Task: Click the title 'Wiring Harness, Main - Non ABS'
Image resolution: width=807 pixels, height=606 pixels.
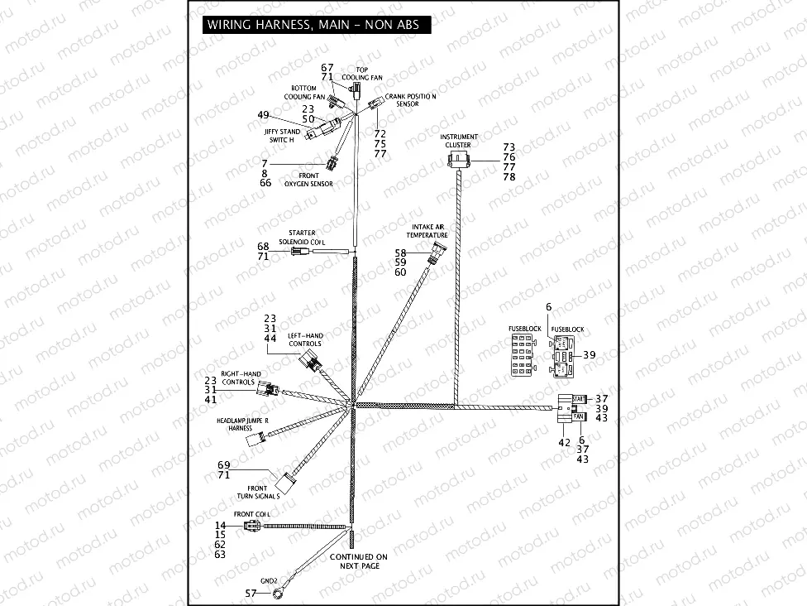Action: [x=313, y=25]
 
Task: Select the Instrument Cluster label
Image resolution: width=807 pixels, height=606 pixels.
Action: [x=458, y=141]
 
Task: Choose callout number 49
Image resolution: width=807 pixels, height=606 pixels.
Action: [x=264, y=115]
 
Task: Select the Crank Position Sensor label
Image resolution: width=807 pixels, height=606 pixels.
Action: [x=411, y=100]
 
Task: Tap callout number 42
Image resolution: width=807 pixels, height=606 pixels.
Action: [x=564, y=443]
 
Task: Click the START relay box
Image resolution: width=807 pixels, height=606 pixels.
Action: [x=578, y=399]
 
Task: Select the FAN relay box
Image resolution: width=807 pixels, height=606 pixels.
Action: [x=579, y=416]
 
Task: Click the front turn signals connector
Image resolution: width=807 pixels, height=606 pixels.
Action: [x=288, y=481]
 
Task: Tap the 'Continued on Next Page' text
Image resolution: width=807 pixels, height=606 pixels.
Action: [x=358, y=562]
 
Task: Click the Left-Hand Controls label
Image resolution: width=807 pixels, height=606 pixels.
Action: [x=304, y=340]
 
